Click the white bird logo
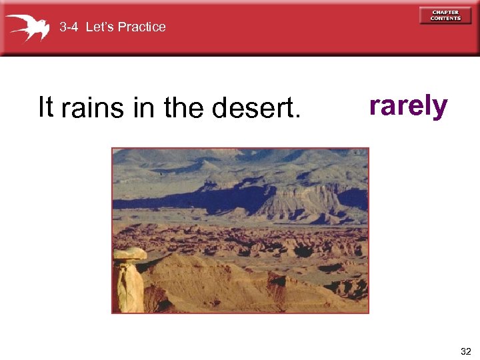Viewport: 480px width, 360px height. [28, 27]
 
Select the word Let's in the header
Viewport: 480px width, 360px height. [99, 27]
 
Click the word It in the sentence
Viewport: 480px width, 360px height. [45, 107]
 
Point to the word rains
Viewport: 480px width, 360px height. [93, 108]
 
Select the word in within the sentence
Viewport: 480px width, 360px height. [143, 107]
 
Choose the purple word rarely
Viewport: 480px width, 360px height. [408, 105]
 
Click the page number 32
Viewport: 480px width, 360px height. [465, 351]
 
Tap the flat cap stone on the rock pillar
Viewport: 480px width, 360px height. [129, 254]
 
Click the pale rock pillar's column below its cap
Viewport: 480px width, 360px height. [130, 287]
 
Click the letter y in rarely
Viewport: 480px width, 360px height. [440, 108]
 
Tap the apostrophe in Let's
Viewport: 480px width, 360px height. [105, 23]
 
